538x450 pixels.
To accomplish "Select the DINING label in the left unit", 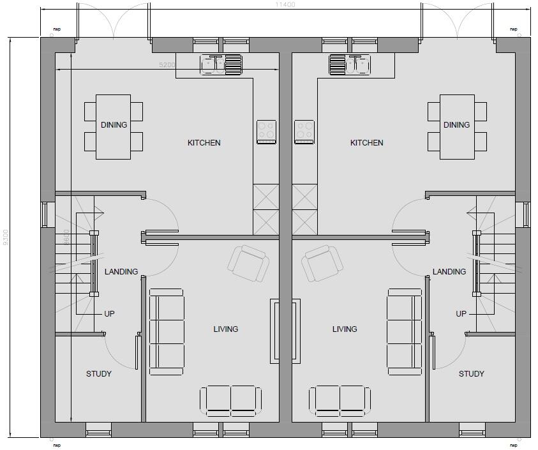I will [114, 125].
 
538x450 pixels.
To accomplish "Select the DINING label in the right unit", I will [456, 125].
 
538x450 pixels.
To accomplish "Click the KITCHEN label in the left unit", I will [204, 143].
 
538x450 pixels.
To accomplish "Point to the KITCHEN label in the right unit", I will [366, 143].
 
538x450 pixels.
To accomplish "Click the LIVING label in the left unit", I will [225, 329].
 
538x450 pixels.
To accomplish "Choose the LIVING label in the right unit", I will [345, 329].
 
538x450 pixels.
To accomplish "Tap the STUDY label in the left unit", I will [99, 374].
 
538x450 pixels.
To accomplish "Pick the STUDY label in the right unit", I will [471, 374].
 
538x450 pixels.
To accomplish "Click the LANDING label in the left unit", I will [121, 272].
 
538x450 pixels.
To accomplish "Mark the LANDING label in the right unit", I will [449, 272].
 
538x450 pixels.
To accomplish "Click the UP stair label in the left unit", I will [109, 314].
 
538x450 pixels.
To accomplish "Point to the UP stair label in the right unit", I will [461, 314].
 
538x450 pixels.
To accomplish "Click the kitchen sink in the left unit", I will [221, 64].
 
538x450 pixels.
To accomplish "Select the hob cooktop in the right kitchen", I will [304, 132].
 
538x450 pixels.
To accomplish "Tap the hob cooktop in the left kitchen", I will [266, 132].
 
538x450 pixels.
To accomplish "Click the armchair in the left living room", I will [248, 262].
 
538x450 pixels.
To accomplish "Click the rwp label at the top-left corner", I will [57, 29].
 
